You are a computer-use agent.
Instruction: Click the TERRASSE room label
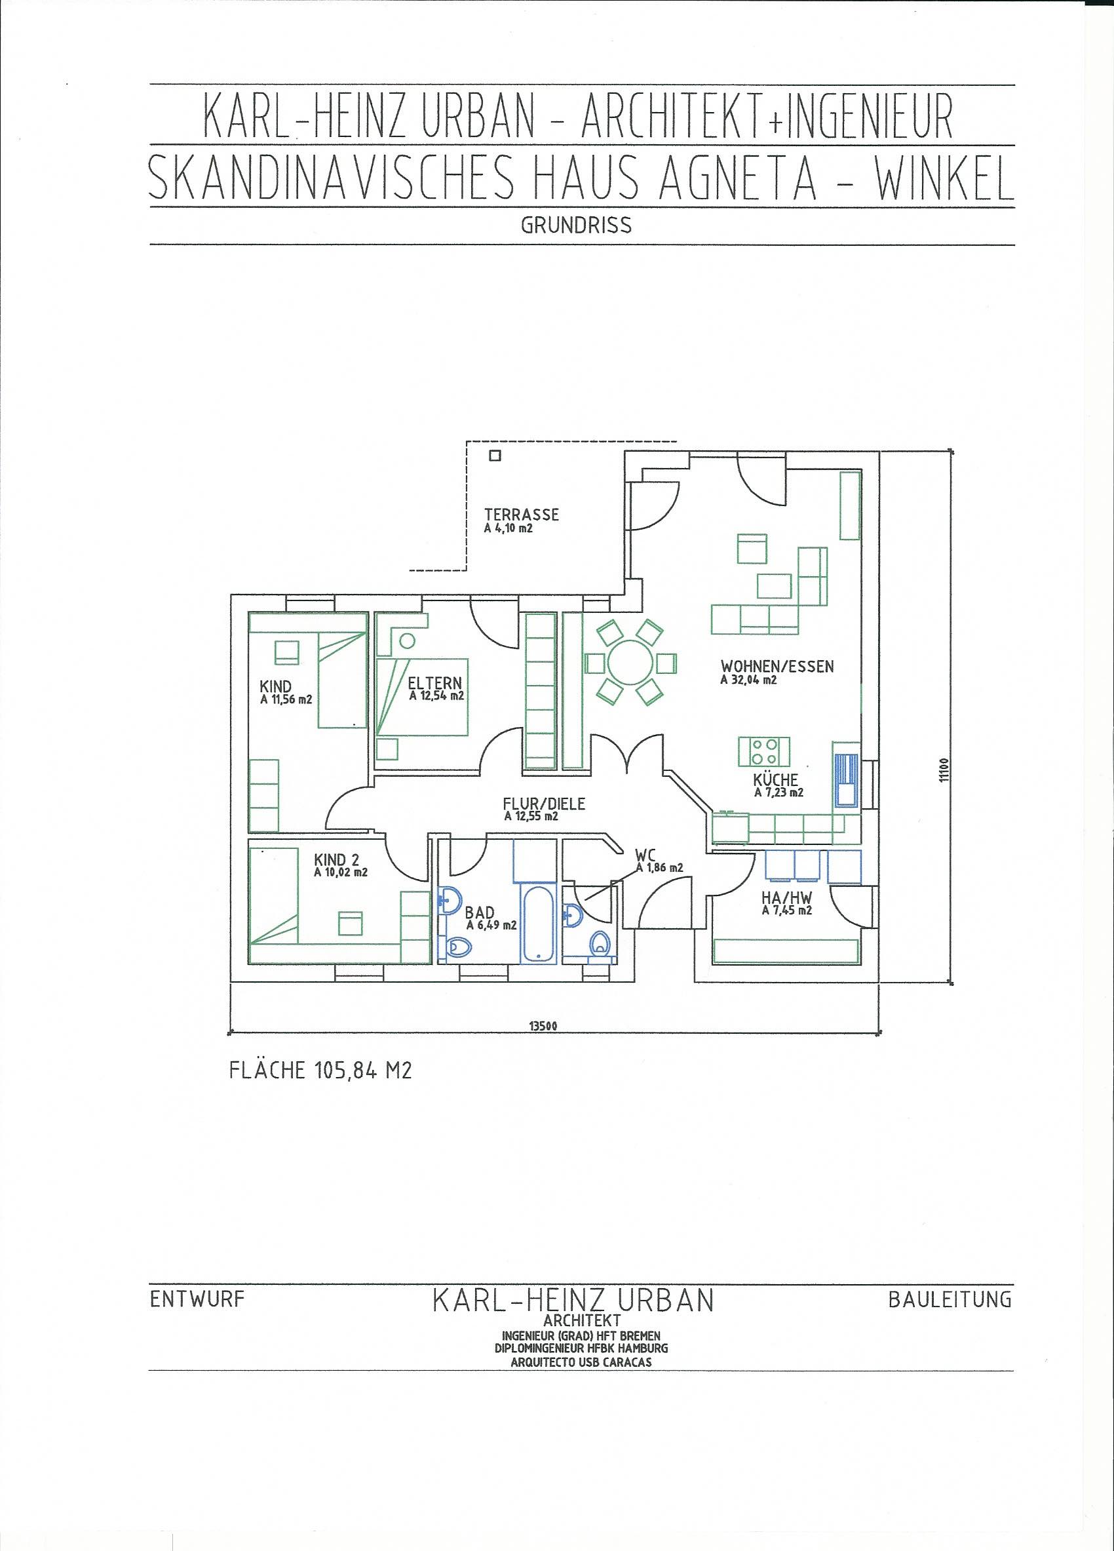tap(522, 514)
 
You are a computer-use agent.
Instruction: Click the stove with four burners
tap(764, 751)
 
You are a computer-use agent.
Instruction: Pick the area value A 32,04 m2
tap(748, 680)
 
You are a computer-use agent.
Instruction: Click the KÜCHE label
tap(776, 780)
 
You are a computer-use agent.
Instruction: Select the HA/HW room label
tap(786, 897)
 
